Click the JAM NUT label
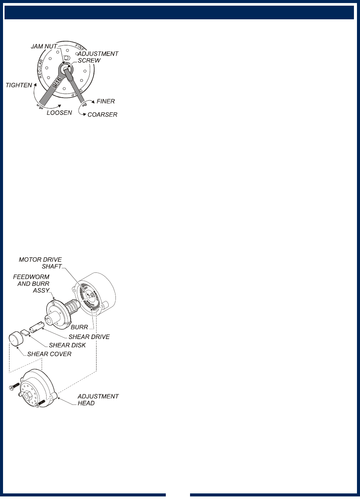[44, 47]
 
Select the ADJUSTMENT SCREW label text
[98, 57]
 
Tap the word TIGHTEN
[19, 85]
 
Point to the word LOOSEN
[59, 113]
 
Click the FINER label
[106, 101]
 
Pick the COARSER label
[102, 115]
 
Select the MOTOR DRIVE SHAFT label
[40, 263]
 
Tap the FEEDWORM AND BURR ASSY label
[31, 284]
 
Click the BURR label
[79, 327]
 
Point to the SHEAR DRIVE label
[89, 337]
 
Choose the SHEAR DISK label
[67, 345]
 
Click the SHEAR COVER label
[49, 354]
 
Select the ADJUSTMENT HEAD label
[98, 400]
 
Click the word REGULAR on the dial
[42, 68]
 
